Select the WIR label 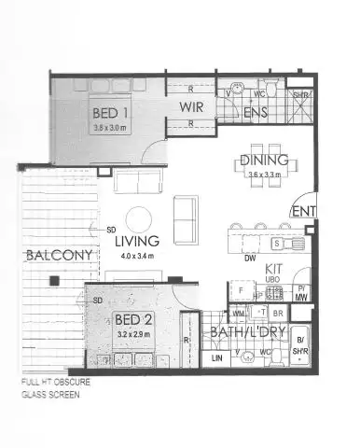(191, 106)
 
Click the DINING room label (261, 160)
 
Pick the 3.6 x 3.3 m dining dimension (263, 175)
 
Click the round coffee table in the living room (139, 219)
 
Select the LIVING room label (137, 241)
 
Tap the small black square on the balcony (56, 281)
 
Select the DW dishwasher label (250, 258)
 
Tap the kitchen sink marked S (276, 243)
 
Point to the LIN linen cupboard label (216, 357)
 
